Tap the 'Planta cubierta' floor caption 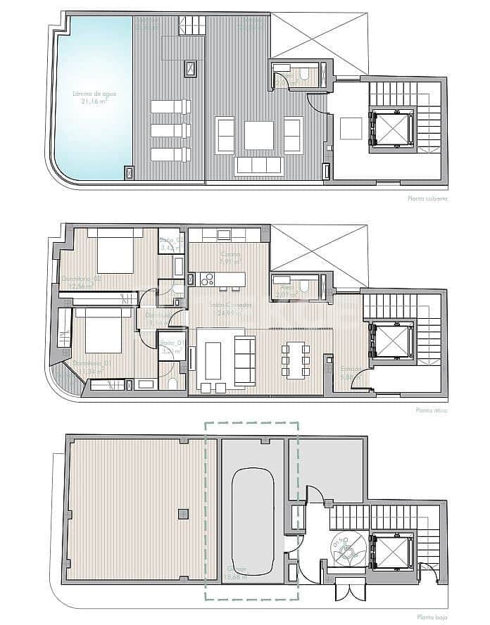427,199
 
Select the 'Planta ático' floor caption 431,409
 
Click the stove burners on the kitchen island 207,280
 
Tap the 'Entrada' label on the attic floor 351,372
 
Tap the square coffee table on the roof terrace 258,135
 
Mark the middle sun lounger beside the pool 170,131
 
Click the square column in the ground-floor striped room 183,512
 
